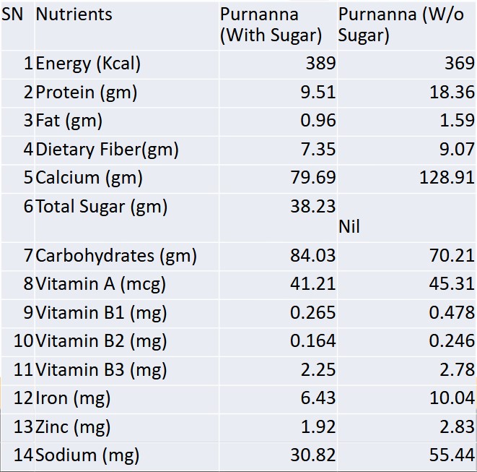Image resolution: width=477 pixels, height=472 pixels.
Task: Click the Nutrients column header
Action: tap(74, 14)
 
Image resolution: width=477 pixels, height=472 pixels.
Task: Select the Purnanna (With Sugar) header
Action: tap(271, 25)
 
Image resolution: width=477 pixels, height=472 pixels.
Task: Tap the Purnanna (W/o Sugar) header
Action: tap(401, 25)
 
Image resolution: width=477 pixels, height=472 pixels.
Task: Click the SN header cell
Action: tap(12, 14)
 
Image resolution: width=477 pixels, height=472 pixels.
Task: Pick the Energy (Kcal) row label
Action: tap(88, 64)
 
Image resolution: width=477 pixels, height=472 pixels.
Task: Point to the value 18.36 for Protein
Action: tap(452, 93)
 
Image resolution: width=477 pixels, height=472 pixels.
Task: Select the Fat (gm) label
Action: tap(69, 121)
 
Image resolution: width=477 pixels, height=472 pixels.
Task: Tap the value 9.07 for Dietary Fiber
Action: tap(457, 150)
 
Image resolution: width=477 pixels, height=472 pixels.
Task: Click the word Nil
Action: tap(349, 227)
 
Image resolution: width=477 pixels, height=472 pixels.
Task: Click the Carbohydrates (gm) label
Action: tap(115, 255)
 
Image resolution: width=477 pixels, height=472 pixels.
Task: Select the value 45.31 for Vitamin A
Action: tap(452, 284)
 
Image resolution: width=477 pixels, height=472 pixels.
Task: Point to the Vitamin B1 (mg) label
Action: tap(101, 312)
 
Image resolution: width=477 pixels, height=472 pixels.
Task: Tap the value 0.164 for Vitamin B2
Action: tap(313, 341)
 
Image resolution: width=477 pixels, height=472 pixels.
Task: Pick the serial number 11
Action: tap(24, 370)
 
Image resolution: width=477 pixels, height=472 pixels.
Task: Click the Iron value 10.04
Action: tap(452, 398)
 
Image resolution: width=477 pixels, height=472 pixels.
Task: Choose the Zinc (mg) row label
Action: tap(73, 426)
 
